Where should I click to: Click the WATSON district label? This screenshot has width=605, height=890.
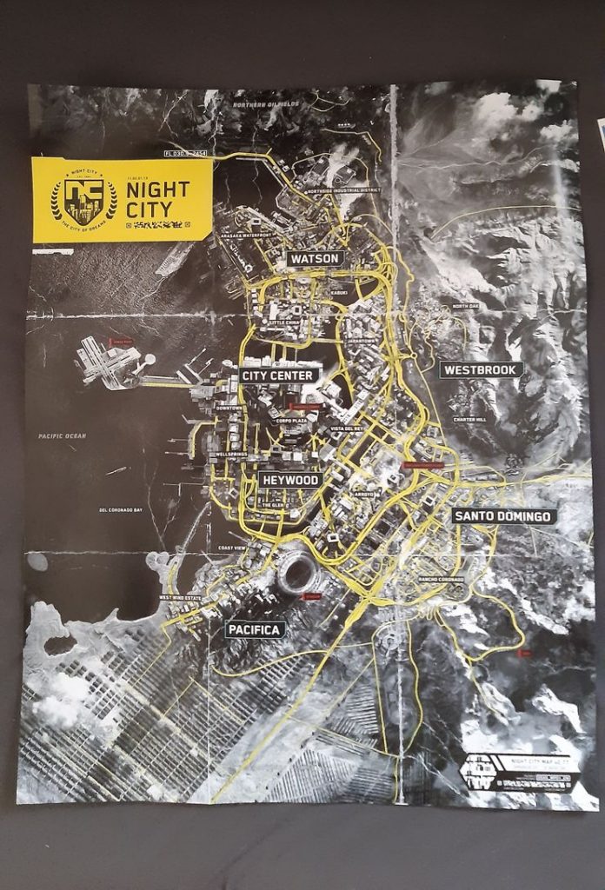click(316, 259)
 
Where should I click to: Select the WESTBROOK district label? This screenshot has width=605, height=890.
click(481, 369)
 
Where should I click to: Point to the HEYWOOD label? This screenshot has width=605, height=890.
click(290, 480)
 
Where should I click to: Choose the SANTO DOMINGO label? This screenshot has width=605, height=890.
click(504, 516)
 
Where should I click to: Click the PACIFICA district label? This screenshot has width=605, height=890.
click(256, 629)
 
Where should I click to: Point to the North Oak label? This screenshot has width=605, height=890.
click(464, 306)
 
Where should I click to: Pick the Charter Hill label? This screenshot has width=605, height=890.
click(469, 420)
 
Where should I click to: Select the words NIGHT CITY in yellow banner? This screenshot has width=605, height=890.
click(161, 198)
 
